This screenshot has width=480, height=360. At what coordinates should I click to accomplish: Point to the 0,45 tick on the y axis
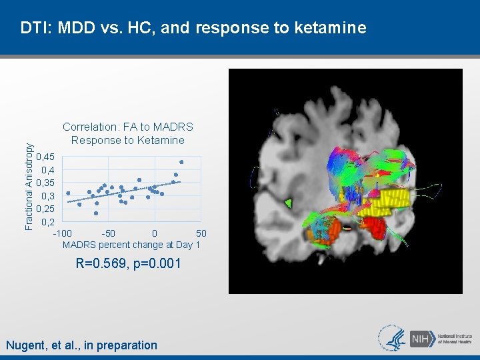click(46, 157)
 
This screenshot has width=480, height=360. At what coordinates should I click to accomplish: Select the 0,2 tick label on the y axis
click(48, 222)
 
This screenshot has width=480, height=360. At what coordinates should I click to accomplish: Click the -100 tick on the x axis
click(63, 233)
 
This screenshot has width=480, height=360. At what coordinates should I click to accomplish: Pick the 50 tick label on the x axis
click(201, 233)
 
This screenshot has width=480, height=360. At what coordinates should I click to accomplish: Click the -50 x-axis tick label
click(108, 233)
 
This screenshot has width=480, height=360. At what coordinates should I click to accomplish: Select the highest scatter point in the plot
click(181, 162)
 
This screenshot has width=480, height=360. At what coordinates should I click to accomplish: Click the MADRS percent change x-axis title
click(131, 245)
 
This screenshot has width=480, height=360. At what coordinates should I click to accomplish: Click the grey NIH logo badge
click(421, 338)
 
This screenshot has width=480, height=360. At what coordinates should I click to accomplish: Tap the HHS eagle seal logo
click(393, 337)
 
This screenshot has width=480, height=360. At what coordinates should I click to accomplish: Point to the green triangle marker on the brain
click(288, 203)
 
